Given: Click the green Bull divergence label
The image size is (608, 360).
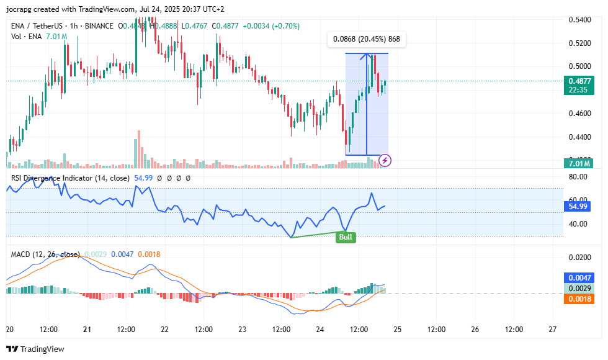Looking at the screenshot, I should pos(346,237).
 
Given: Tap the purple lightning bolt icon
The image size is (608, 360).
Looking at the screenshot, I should pos(385,161).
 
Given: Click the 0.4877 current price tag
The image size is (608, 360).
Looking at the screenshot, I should pos(579,81).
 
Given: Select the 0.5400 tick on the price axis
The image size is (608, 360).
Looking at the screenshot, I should pos(579,20).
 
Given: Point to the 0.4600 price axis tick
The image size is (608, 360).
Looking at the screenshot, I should pos(579,114).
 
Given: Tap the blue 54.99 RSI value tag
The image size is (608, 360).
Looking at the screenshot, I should pos(579,206).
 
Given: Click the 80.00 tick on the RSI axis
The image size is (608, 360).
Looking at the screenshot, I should pos(578,177).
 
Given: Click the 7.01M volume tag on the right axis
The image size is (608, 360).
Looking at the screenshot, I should pos(579,163).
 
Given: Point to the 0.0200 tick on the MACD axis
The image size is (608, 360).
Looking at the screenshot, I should pos(579,257).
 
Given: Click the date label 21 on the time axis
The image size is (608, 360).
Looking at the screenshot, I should pos(87,329).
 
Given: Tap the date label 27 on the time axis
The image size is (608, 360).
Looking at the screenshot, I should pos(552,329).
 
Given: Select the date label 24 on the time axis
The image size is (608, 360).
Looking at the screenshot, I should pos(320,329).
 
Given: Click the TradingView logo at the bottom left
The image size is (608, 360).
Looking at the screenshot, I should pos(35,349).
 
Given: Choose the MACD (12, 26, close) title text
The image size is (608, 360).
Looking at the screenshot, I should pos(45,254).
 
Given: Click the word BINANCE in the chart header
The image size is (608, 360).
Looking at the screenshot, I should pos(97,26).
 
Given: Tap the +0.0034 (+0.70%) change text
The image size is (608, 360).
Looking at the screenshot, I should pos(271,26).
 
